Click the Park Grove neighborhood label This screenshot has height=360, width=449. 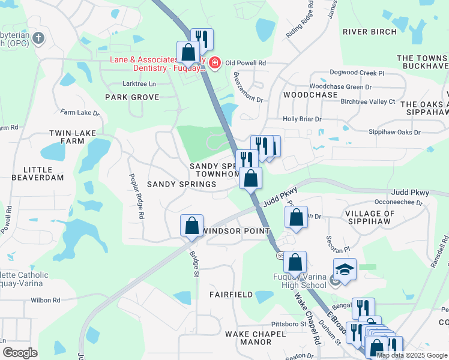tap(132, 97)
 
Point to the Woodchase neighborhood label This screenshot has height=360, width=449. tap(310, 95)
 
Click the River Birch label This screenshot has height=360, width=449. tap(369, 32)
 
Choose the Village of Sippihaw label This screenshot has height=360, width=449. tap(369, 217)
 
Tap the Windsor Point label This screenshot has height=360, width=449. tap(231, 231)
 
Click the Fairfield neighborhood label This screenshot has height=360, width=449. tap(231, 295)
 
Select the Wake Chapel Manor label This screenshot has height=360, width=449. tap(248, 337)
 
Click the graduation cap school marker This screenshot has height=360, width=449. tap(345, 270)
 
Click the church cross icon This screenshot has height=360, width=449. tap(38, 39)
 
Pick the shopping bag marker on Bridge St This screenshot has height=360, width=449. tap(191, 226)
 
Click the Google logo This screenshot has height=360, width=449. tap(20, 353)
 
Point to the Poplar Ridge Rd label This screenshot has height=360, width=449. tap(136, 196)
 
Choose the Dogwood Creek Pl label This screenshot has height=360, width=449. tap(355, 73)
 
